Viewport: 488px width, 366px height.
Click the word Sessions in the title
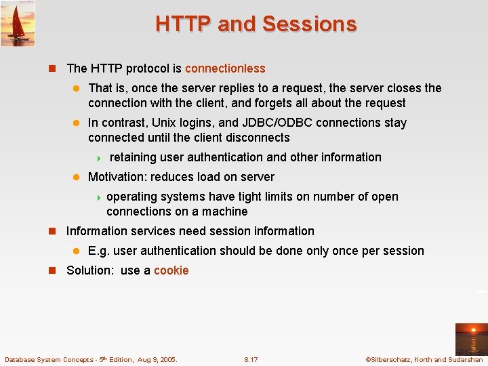tap(309, 24)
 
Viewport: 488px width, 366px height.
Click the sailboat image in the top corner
tap(18, 23)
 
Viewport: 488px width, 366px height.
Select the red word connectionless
tap(225, 68)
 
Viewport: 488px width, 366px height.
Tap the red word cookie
tap(171, 270)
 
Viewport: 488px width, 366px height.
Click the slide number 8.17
tap(251, 359)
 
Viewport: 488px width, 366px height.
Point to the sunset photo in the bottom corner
tap(470, 339)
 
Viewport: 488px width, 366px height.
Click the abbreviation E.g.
tap(99, 251)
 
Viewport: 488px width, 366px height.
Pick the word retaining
tap(133, 157)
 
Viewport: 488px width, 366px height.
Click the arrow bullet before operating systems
tap(98, 197)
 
